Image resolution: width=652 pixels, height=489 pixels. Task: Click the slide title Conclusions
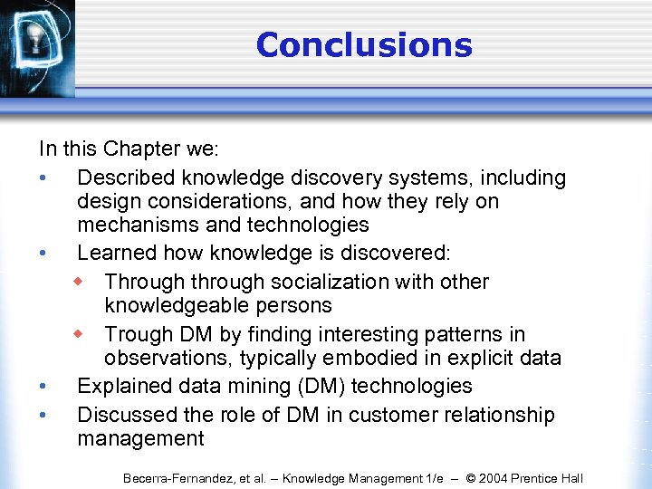tap(364, 44)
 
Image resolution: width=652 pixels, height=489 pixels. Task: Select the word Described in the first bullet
tap(129, 177)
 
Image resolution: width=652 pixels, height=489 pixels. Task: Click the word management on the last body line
tap(140, 439)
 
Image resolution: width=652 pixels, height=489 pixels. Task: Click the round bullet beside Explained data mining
tap(43, 387)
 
